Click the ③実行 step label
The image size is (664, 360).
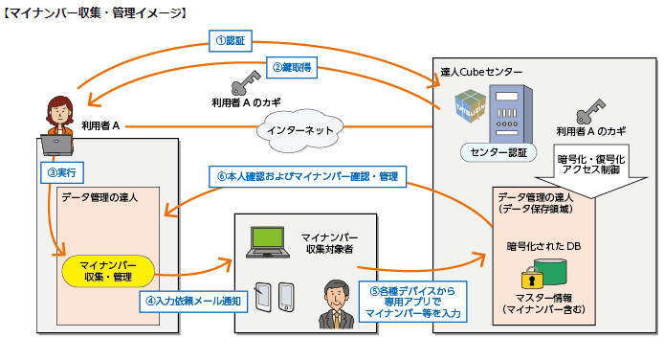pos(60,173)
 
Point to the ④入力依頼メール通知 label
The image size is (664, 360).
pos(193,300)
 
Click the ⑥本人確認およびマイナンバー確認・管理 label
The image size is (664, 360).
pos(307,176)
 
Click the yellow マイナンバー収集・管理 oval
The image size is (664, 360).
pos(109,270)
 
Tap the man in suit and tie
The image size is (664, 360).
pos(336,304)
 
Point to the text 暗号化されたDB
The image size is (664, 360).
pos(544,246)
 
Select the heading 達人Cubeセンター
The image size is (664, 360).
pos(482,73)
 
